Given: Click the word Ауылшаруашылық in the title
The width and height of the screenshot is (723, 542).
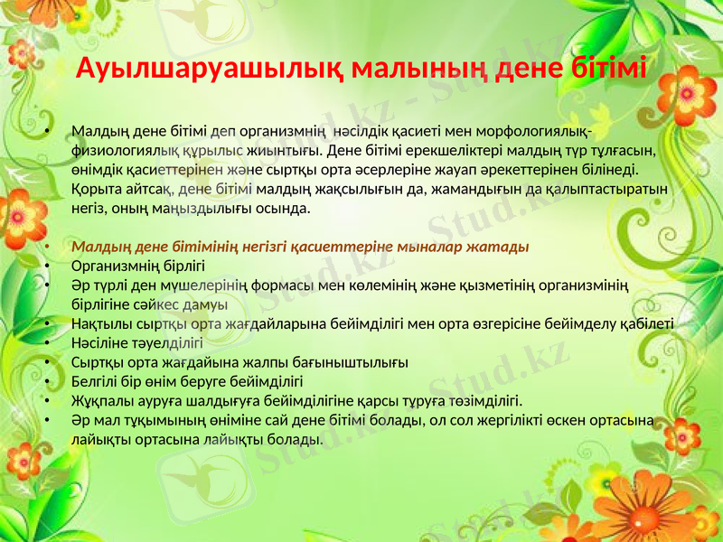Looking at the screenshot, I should coord(210,68).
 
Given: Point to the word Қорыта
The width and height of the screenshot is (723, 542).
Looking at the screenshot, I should coord(93,190).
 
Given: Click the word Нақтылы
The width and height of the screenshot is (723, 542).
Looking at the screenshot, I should coord(98,324).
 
